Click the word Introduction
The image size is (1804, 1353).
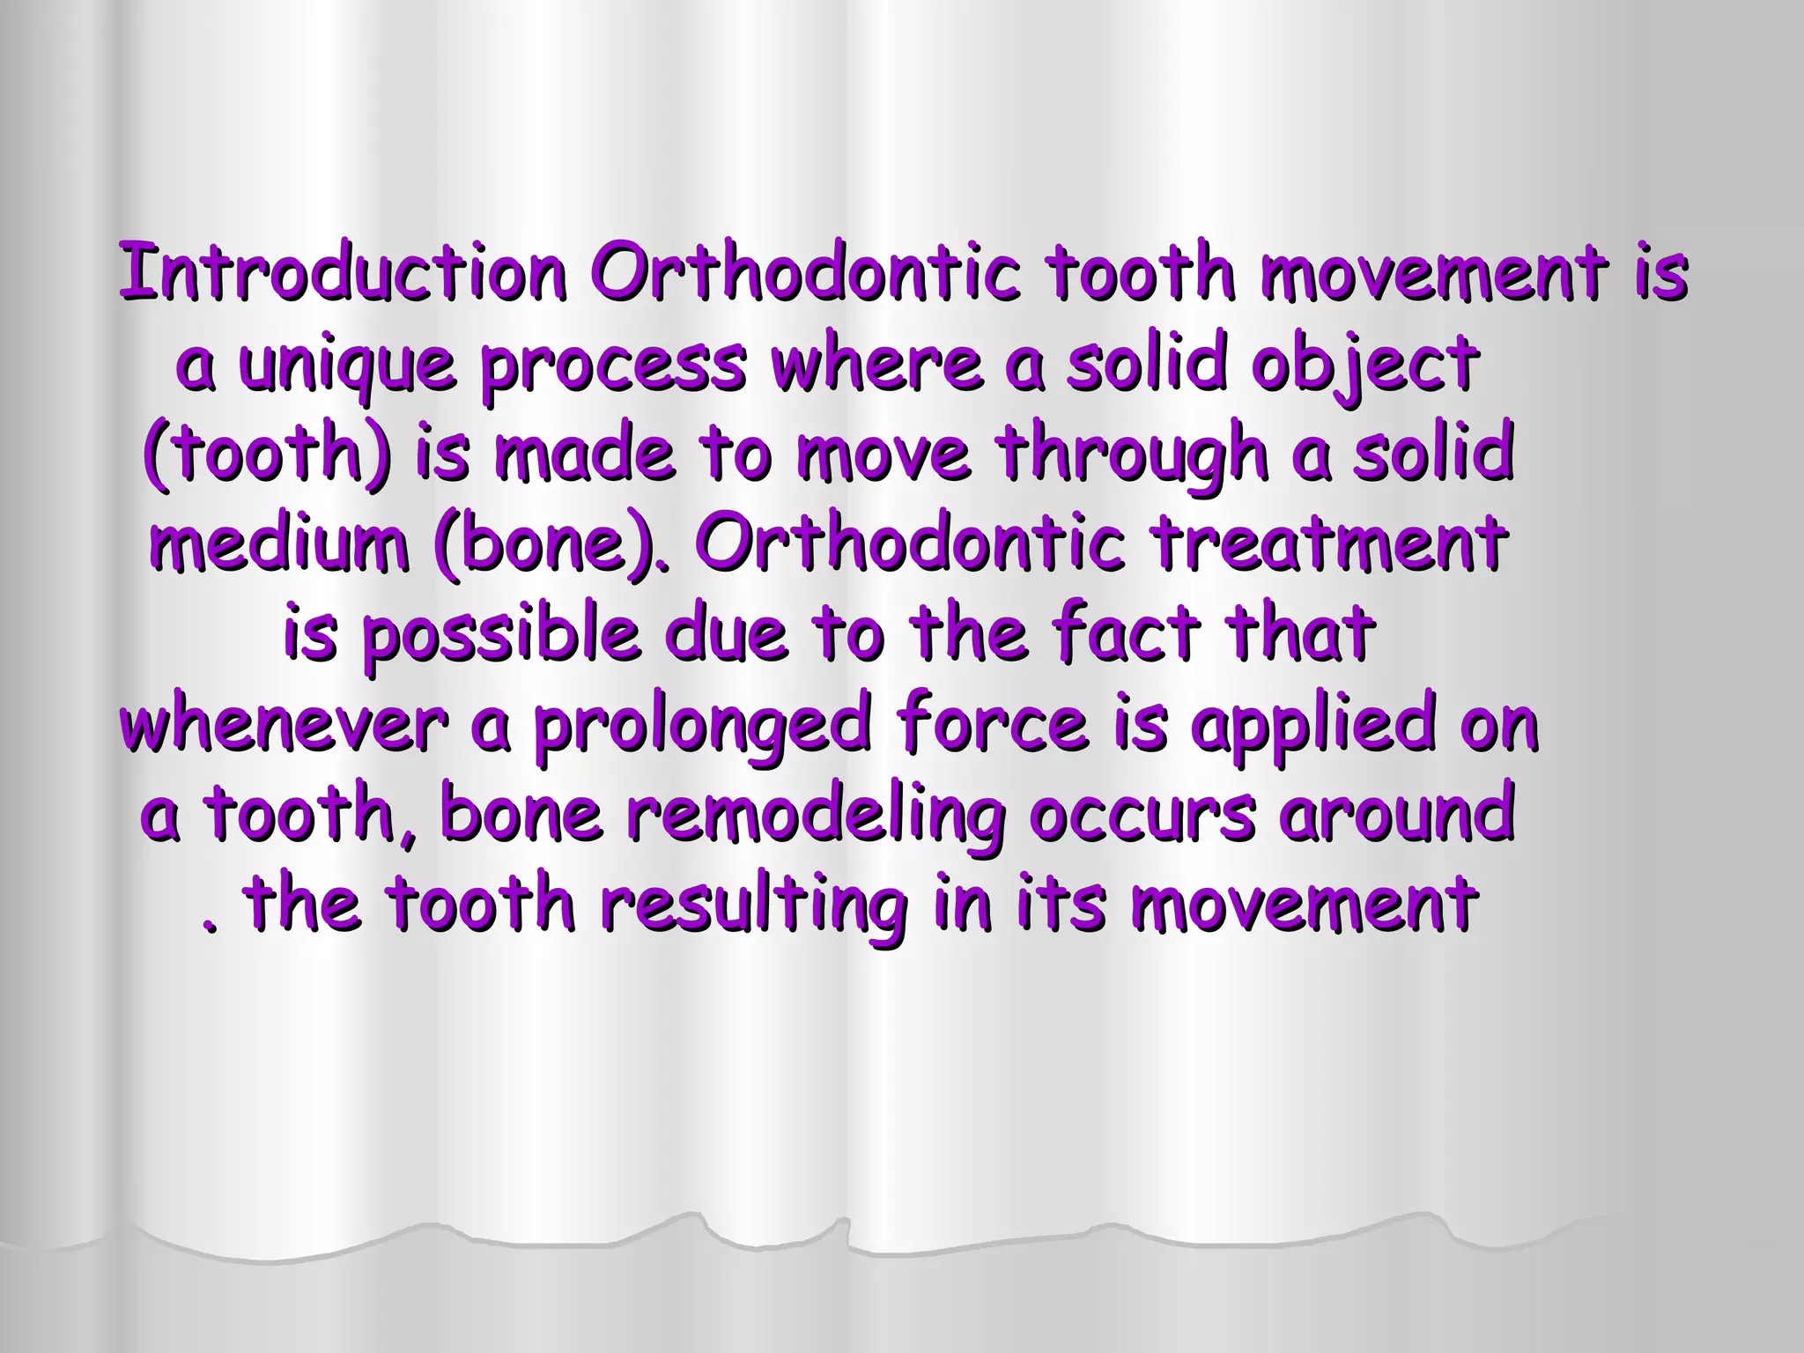(x=342, y=272)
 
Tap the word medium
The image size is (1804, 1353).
(x=279, y=544)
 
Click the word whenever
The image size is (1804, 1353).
(x=282, y=726)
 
